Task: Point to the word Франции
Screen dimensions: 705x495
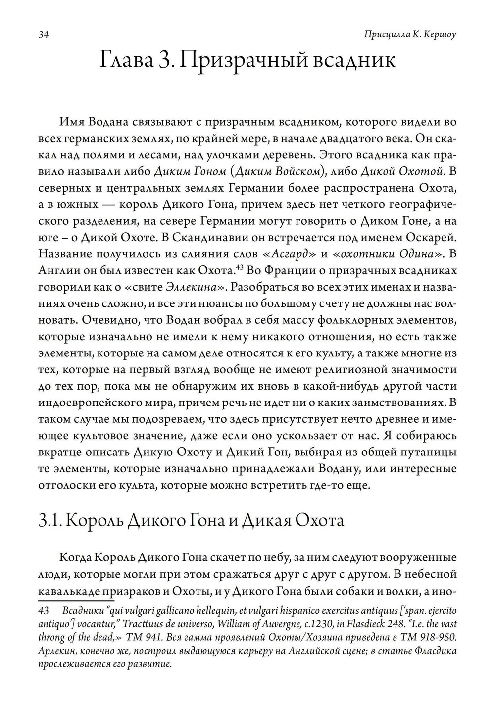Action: click(x=286, y=271)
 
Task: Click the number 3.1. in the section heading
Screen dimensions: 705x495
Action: click(x=49, y=521)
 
